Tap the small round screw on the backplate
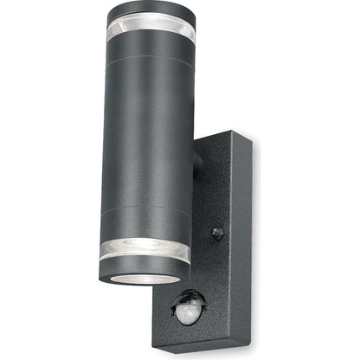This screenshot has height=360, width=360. point(215,232)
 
